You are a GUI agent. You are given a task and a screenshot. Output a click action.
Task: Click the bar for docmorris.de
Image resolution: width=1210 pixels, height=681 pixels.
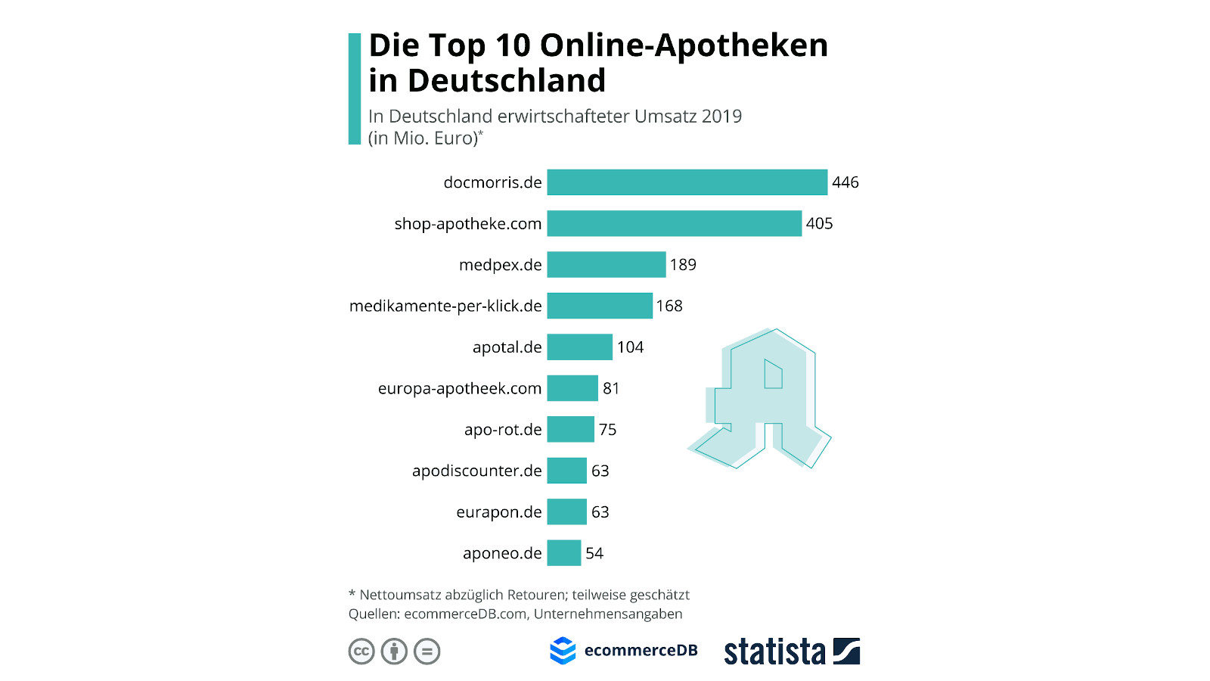687,182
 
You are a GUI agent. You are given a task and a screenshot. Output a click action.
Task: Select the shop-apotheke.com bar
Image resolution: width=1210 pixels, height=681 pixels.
674,223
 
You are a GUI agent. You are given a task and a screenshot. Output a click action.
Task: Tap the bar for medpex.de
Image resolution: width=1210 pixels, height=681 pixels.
606,265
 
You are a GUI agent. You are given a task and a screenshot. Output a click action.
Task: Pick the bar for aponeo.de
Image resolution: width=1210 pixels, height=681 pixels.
563,553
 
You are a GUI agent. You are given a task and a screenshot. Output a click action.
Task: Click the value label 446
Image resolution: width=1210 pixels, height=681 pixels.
845,182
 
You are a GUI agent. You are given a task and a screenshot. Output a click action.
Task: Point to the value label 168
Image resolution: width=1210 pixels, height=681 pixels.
669,306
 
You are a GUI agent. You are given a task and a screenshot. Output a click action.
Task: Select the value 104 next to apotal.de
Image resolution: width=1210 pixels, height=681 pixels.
630,347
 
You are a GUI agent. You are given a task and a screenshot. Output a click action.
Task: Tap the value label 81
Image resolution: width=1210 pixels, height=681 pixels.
611,388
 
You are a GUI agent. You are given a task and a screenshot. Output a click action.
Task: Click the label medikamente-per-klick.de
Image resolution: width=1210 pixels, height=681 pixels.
445,306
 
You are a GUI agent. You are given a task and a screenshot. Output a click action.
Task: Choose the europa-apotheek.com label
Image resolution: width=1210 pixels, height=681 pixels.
460,388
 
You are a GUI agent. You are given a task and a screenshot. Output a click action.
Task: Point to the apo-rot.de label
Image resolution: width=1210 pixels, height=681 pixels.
503,430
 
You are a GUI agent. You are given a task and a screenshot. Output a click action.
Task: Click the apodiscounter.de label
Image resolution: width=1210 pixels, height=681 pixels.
476,471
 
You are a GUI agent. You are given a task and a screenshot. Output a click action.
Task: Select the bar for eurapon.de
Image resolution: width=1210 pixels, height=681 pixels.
566,512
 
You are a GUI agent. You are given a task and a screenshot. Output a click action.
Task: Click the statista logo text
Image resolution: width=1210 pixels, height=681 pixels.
774,651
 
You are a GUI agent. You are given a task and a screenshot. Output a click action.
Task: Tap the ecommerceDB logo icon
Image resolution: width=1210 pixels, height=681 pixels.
563,651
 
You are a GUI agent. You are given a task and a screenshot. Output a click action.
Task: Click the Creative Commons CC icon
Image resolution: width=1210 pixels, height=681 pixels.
361,651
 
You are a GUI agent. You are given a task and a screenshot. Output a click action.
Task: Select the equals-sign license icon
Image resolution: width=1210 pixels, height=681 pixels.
427,651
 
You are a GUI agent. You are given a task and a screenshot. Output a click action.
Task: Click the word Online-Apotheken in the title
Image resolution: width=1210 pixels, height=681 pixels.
684,45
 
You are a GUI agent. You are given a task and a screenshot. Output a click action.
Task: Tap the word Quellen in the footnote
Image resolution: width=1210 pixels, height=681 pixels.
373,614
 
